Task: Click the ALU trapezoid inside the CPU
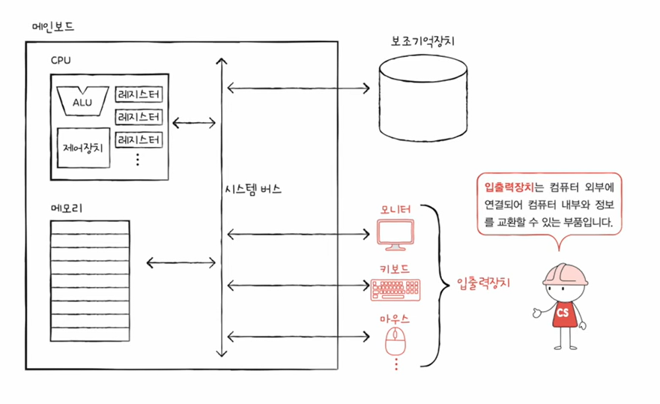[83, 101]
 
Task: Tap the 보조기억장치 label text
[419, 41]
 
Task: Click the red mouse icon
[395, 342]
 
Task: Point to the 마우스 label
[395, 319]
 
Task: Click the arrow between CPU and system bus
[194, 121]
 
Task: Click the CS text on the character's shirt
[563, 312]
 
